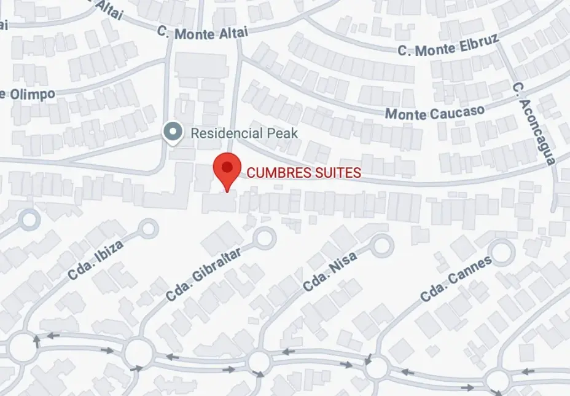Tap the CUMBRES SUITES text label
(303, 173)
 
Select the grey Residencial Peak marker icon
(173, 132)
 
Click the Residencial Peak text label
(244, 133)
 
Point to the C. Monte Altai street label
(202, 33)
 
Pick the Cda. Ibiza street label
(96, 259)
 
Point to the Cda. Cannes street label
(456, 279)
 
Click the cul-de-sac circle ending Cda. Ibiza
(149, 229)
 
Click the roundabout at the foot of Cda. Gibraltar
(138, 352)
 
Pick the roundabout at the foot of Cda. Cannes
(377, 368)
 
